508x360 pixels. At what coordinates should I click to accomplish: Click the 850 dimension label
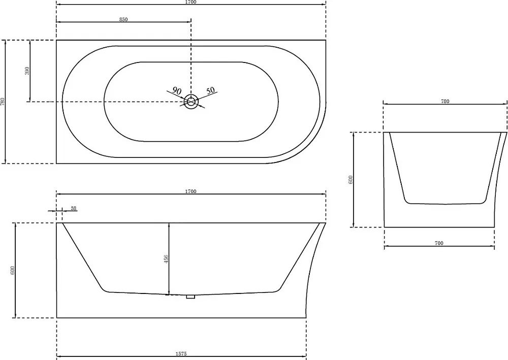123,19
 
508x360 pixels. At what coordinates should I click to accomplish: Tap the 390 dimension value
27,71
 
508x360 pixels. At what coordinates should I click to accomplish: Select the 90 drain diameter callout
177,91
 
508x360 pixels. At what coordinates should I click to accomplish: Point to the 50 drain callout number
211,90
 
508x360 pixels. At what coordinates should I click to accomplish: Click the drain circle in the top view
191,102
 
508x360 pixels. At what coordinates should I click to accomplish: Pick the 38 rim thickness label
74,209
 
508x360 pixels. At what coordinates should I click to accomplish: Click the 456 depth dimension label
167,259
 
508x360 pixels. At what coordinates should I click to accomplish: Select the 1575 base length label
181,354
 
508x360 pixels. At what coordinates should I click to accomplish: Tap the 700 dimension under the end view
439,243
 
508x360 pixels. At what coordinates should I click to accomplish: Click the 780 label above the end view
445,102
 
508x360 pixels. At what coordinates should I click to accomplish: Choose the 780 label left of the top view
3,102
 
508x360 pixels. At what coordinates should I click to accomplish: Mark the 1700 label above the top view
191,2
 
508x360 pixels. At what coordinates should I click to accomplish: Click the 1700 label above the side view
191,191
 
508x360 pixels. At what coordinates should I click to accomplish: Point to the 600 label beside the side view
13,270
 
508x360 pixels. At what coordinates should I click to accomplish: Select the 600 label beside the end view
351,180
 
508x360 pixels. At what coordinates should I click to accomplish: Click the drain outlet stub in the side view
190,296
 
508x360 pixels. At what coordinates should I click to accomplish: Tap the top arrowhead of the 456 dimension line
169,224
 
